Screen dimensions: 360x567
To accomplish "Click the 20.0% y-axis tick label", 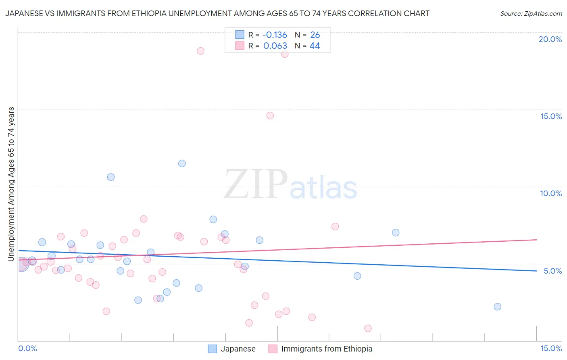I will pyautogui.click(x=550, y=39).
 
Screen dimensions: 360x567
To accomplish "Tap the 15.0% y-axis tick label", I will pyautogui.click(x=551, y=116).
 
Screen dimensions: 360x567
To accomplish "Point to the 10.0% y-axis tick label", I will pyautogui.click(x=551, y=193).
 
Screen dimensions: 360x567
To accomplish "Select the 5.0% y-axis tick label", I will pyautogui.click(x=552, y=271).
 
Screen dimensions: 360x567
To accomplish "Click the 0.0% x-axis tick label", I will pyautogui.click(x=27, y=348).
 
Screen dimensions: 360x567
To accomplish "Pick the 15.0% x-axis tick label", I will pyautogui.click(x=551, y=348).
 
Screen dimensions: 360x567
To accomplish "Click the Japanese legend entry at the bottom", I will pyautogui.click(x=238, y=349).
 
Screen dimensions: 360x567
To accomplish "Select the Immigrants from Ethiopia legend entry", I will pyautogui.click(x=327, y=349).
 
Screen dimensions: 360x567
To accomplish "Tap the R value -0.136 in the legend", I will pyautogui.click(x=275, y=35).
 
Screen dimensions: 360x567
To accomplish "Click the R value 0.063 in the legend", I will pyautogui.click(x=275, y=46).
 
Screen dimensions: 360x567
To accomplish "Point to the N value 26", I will pyautogui.click(x=315, y=35).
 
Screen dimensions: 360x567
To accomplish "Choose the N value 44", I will pyautogui.click(x=315, y=46).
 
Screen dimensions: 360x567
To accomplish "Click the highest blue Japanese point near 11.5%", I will pyautogui.click(x=182, y=163).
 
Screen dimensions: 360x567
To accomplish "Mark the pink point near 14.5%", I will pyautogui.click(x=270, y=115).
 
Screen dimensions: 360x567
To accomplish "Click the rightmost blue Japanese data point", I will pyautogui.click(x=497, y=307).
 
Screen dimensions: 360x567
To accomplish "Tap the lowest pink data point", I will pyautogui.click(x=368, y=329).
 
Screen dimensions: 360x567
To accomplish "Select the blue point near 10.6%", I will pyautogui.click(x=111, y=177).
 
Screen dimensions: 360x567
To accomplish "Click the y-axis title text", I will pyautogui.click(x=11, y=184).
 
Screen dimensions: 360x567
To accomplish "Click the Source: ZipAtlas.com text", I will pyautogui.click(x=531, y=14).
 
